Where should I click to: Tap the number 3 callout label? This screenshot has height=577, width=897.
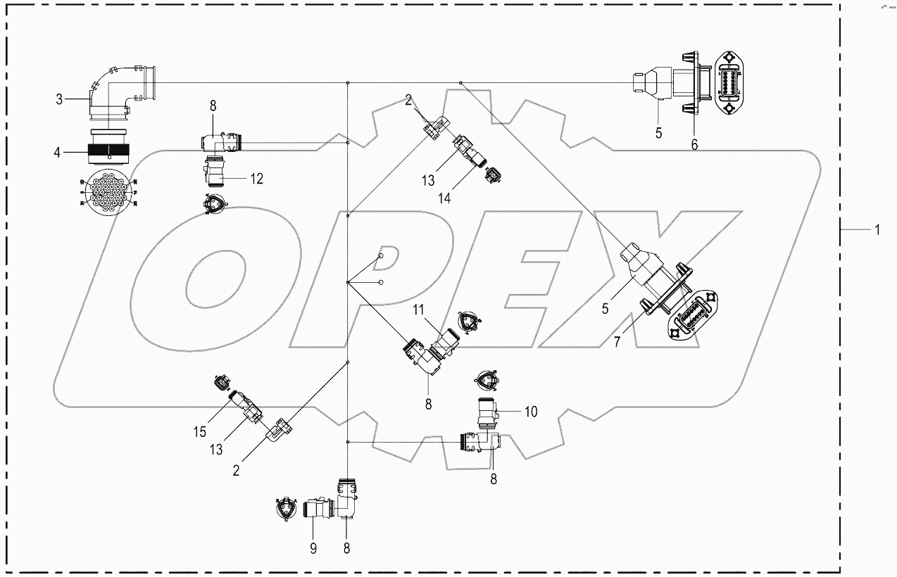tap(59, 100)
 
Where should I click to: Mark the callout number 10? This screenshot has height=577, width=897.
tap(531, 412)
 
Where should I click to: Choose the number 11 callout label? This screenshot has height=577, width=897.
tap(418, 310)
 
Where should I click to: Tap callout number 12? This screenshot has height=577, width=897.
tap(256, 179)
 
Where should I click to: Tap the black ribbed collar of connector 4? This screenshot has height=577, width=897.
tap(108, 152)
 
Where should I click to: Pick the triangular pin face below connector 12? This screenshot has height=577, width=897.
tap(210, 205)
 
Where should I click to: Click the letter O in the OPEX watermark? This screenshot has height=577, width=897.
tap(201, 288)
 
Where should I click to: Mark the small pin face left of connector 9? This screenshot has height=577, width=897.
tap(284, 508)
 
